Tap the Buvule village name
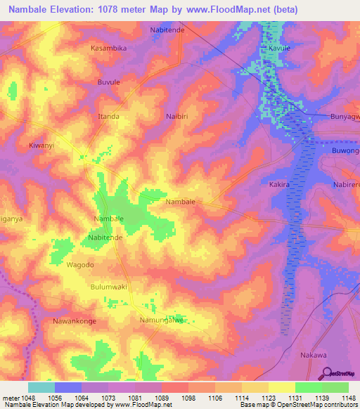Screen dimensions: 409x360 pos(108,82)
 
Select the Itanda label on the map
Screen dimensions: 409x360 pos(108,116)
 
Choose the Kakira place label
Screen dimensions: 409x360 pos(280,184)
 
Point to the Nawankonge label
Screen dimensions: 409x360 pos(74,320)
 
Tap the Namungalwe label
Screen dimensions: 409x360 pos(162,320)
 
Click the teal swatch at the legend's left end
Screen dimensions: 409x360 pos(41,387)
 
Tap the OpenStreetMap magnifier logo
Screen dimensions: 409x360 pos(325,374)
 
